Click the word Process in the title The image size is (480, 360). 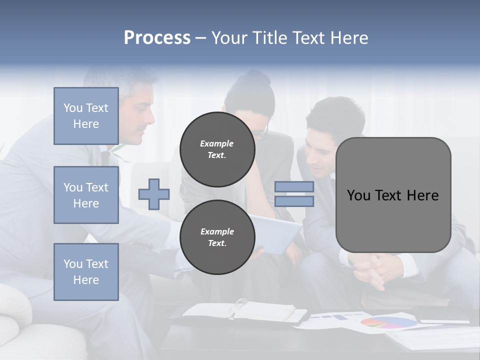coord(157,38)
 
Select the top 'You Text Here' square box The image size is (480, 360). coord(86,116)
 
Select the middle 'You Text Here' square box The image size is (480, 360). coord(86,195)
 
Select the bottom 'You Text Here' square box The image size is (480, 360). coord(86,272)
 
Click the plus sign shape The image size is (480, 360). coord(154,194)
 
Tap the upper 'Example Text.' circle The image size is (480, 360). coord(217,149)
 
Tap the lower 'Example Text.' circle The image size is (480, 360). coord(217,237)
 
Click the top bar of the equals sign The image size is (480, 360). coord(294,187)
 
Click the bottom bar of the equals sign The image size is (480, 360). coord(294,201)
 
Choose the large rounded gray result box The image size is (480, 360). coord(393,195)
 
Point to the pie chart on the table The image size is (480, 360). coord(388,322)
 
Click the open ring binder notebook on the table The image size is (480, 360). coord(245,311)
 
